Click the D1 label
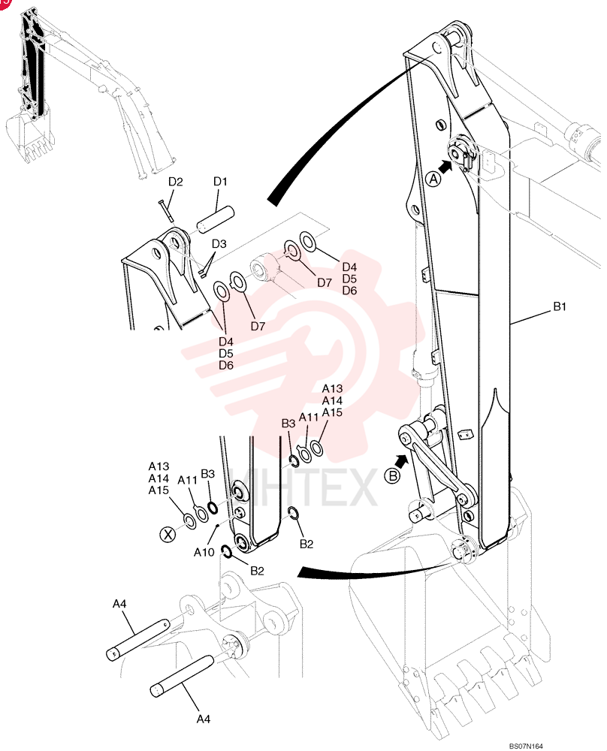point(220,182)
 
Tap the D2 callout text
point(175,182)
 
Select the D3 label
point(219,243)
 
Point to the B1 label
point(560,306)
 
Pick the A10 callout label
point(204,552)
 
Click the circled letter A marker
point(433,179)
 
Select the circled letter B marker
point(392,476)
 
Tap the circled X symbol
point(168,534)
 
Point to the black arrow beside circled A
point(445,167)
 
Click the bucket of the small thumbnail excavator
point(29,136)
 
